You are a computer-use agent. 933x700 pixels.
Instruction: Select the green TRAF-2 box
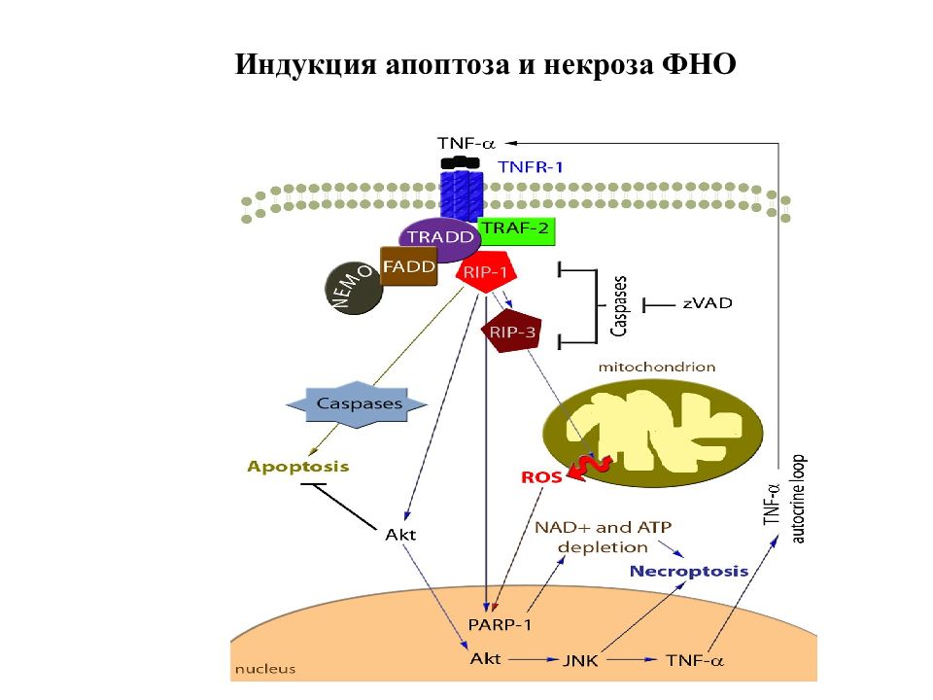click(x=516, y=230)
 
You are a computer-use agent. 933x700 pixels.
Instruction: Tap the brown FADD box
click(x=409, y=266)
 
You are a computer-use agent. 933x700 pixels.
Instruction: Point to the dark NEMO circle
click(x=354, y=288)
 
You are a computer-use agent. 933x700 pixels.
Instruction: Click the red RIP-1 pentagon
click(x=486, y=272)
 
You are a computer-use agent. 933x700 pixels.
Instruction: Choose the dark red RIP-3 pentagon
click(x=511, y=331)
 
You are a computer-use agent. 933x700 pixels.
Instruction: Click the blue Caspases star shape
click(x=357, y=404)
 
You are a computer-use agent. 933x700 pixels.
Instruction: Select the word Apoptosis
click(x=298, y=466)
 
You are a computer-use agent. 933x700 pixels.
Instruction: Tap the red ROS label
click(x=541, y=476)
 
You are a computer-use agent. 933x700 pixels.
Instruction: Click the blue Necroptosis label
click(x=689, y=572)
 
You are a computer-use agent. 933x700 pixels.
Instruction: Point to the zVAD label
click(x=708, y=303)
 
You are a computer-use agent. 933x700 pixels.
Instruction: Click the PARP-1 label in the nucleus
click(x=500, y=624)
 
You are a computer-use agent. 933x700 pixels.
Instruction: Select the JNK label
click(x=580, y=660)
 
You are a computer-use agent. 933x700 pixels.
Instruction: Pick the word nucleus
click(x=265, y=669)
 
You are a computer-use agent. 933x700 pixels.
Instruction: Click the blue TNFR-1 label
click(x=531, y=166)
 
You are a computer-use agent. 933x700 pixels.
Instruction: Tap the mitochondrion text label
click(x=657, y=367)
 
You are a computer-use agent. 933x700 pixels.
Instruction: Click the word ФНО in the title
click(x=699, y=64)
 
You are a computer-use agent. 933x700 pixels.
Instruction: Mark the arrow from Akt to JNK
click(x=534, y=659)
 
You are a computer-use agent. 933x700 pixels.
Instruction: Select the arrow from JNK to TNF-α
click(x=631, y=659)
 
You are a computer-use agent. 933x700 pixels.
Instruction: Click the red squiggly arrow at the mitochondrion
click(x=589, y=466)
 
